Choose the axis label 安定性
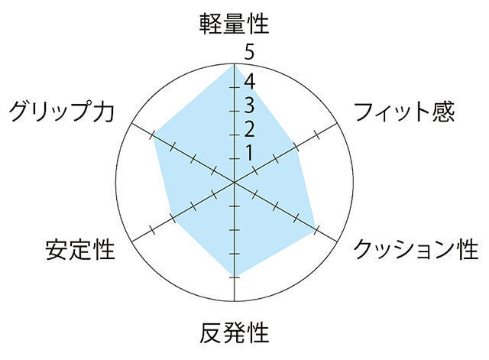pyautogui.click(x=79, y=249)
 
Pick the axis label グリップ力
pyautogui.click(x=62, y=112)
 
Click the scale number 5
pyautogui.click(x=249, y=53)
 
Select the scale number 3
pyautogui.click(x=249, y=104)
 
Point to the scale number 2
pyautogui.click(x=249, y=128)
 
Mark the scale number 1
pyautogui.click(x=249, y=152)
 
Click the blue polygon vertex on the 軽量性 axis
pyautogui.click(x=235, y=66)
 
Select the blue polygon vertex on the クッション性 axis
pyautogui.click(x=316, y=229)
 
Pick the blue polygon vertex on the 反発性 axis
pyautogui.click(x=235, y=275)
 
